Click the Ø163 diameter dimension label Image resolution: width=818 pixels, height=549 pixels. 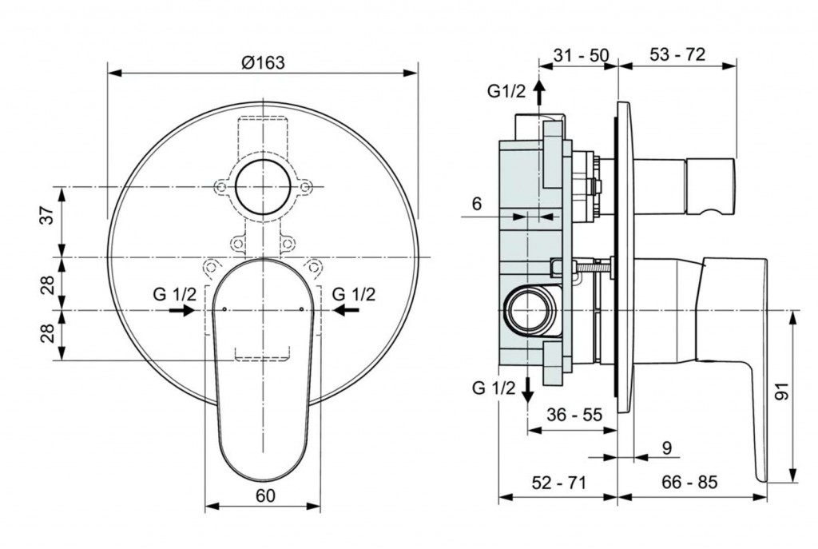coord(264,62)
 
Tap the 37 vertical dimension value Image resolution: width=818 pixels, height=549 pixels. coord(47,215)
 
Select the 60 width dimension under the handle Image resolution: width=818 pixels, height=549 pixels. coord(265,495)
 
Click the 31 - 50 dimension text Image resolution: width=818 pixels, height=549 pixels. coord(581,54)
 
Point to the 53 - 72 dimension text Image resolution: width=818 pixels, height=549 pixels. coord(677,54)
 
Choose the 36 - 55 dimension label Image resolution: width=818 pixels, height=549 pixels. coord(574,415)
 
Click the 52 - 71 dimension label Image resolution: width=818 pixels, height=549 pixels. coord(559,483)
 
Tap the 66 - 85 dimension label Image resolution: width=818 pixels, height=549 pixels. coord(689,483)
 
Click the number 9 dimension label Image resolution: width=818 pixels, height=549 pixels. coord(667,448)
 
